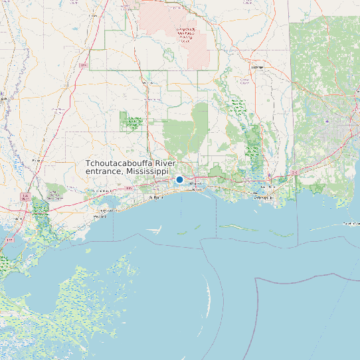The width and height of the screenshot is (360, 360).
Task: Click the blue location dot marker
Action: click(179, 179)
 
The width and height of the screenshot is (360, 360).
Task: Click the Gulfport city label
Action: click(156, 197)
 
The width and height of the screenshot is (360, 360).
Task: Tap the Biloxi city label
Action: click(196, 189)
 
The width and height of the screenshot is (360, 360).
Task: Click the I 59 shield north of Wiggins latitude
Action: click(84, 66)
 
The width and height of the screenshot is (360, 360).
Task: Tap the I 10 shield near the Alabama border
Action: click(294, 172)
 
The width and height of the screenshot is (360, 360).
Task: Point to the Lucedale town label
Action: click(256, 67)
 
